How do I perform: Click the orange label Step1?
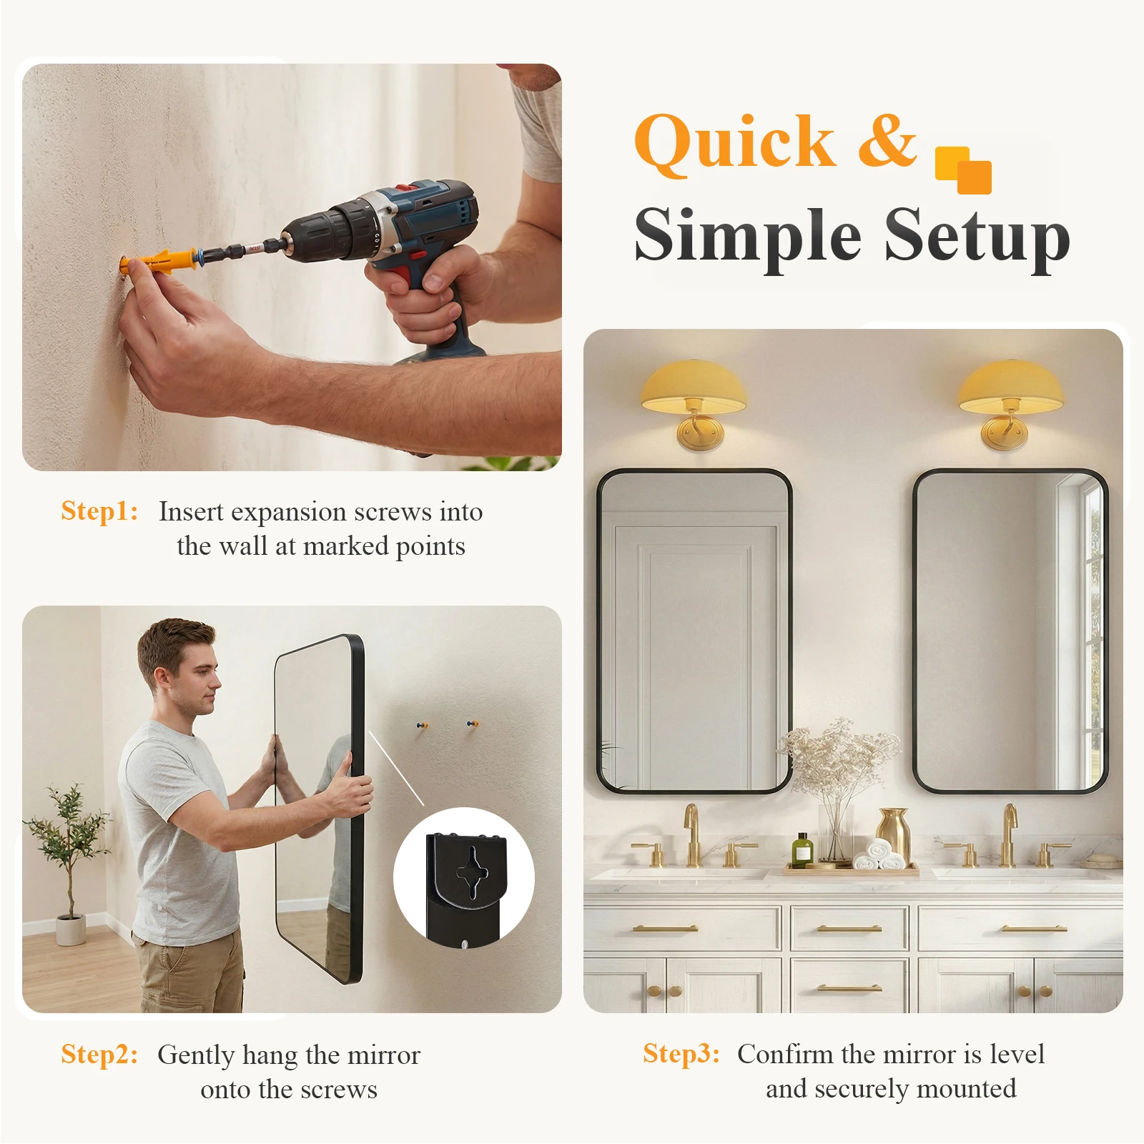99,511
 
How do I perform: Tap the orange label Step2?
99,1055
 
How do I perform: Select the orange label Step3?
681,1054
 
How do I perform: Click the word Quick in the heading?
735,142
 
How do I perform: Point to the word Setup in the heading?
977,237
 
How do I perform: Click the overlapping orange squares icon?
963,170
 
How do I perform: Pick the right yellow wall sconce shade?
1010,387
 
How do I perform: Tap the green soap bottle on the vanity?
802,850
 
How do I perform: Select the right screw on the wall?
471,725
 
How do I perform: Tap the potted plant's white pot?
71,929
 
